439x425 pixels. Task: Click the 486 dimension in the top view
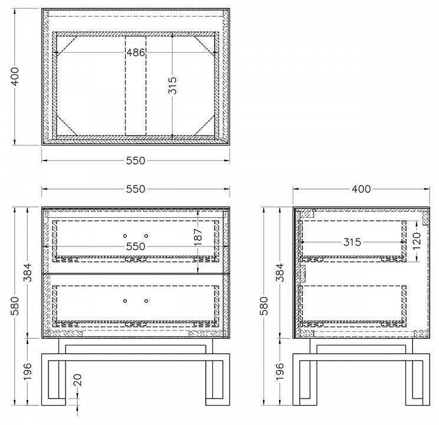136,53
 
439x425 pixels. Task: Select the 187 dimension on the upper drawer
198,237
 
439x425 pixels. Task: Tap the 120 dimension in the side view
417,241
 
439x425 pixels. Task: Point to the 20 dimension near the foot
77,380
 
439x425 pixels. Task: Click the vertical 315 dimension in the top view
172,86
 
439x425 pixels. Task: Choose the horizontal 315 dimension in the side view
352,242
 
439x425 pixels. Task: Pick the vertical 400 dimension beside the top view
15,77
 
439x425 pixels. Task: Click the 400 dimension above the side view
361,189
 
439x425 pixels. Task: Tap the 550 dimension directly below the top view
136,161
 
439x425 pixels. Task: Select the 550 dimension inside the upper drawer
136,247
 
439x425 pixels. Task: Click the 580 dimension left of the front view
15,306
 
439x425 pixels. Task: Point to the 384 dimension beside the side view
280,273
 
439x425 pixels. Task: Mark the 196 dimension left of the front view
28,371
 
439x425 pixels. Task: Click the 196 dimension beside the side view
280,371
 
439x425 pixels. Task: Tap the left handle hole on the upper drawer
125,236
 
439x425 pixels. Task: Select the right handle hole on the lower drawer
146,301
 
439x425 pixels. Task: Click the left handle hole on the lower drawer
125,301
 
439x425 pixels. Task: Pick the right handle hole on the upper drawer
146,236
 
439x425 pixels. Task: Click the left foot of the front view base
54,402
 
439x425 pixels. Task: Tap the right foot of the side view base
417,402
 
